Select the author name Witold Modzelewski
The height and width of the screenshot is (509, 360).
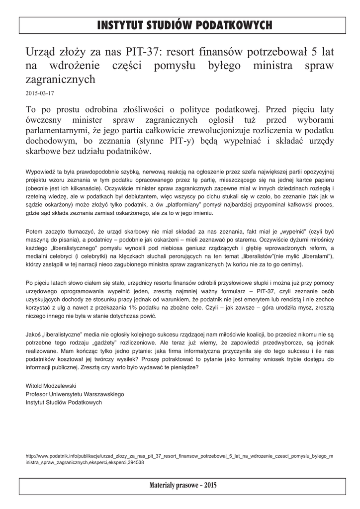pyautogui.click(x=51, y=386)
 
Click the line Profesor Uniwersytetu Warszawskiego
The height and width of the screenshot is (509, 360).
pyautogui.click(x=75, y=394)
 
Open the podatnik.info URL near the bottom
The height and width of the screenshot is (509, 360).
pyautogui.click(x=179, y=458)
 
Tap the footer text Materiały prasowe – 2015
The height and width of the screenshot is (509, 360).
pyautogui.click(x=180, y=485)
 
